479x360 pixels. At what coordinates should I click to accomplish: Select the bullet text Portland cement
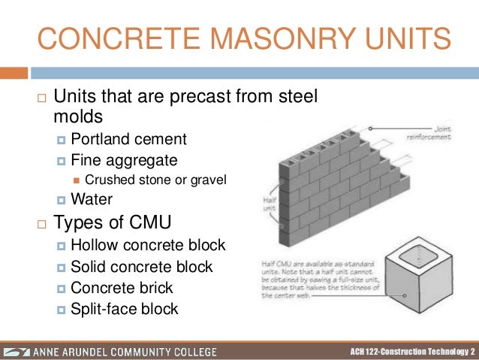pos(128,139)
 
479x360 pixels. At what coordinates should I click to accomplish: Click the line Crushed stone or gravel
pos(155,180)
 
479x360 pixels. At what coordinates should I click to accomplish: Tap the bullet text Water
pos(91,199)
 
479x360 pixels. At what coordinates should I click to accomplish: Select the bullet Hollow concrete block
pos(148,246)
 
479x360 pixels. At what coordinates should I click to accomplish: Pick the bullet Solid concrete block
pos(141,267)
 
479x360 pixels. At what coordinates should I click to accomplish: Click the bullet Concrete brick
pos(122,288)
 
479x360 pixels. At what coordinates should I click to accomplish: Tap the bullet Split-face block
pos(124,309)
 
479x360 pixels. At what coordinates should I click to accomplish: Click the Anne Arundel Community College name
pos(132,352)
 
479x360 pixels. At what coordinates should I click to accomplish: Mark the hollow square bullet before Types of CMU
pos(42,223)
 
